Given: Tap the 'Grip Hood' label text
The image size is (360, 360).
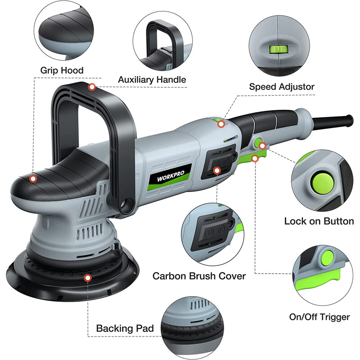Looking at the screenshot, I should tap(62, 70).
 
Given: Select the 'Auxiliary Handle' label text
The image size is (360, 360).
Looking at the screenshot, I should tap(152, 80).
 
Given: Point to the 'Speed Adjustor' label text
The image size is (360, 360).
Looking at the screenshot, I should tap(282, 86).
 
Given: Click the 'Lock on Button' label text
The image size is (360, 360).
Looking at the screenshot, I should tap(319, 221).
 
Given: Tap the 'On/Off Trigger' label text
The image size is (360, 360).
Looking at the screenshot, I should tap(320, 317).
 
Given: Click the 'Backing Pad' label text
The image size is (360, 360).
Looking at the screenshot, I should tap(125, 328).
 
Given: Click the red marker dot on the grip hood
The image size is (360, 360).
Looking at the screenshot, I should tap(33, 179).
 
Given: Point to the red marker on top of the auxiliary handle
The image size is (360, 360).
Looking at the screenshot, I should tap(92, 86).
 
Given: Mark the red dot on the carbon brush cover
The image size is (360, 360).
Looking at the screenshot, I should tap(217, 171).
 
